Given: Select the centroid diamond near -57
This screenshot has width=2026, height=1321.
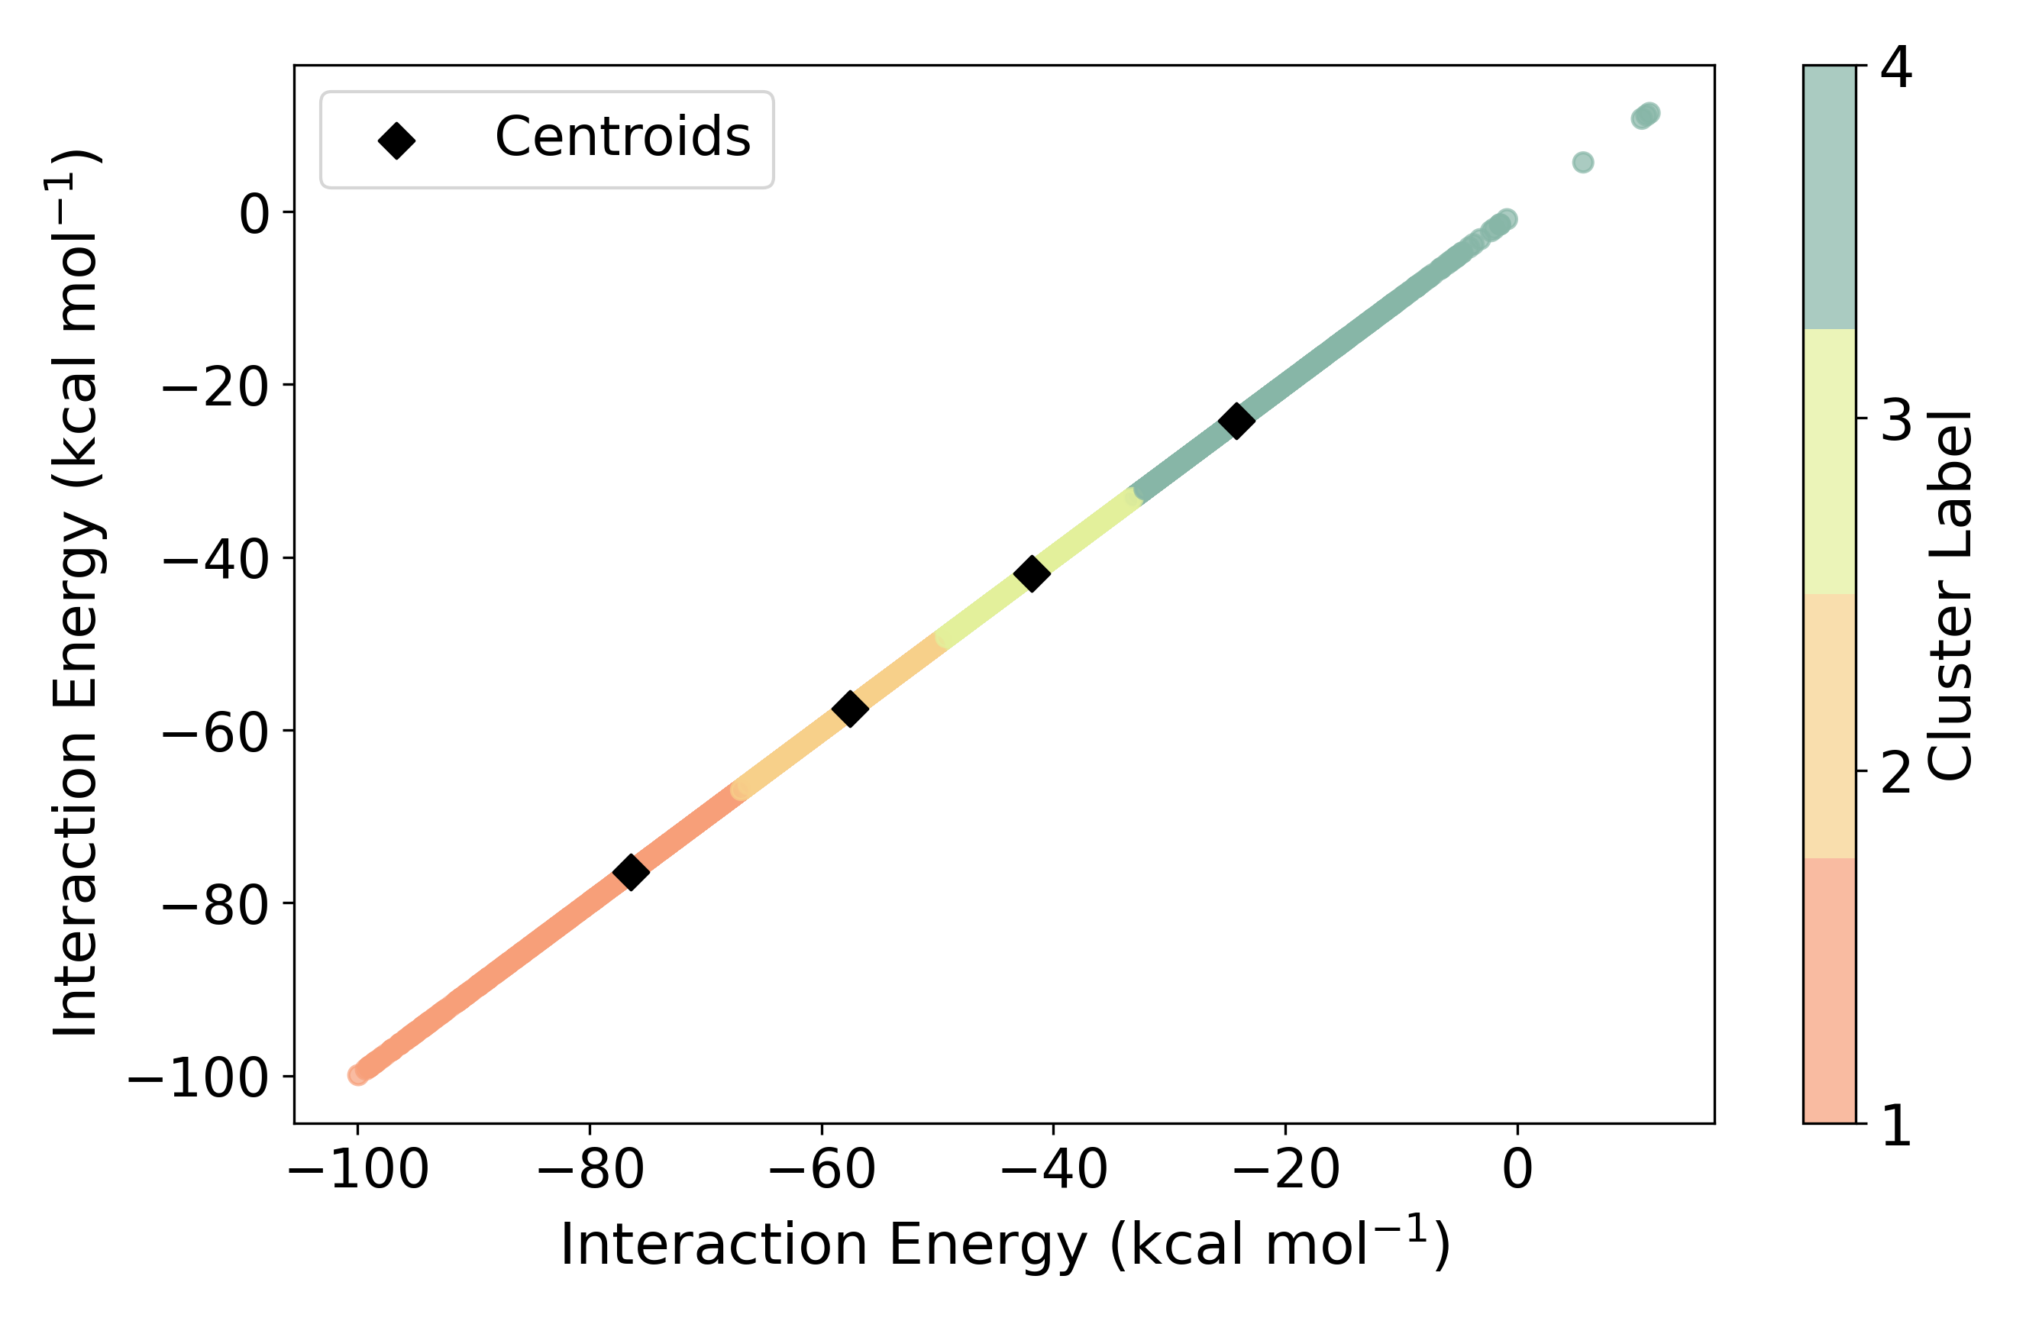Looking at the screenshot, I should (x=849, y=708).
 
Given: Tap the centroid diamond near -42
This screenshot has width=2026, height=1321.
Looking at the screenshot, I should (x=1032, y=573).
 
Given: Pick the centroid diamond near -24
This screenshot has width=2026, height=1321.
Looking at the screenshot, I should (x=1236, y=421).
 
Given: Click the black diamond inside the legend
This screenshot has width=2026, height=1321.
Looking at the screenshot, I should (x=396, y=140).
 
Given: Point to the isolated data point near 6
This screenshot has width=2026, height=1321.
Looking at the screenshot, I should (x=1582, y=163).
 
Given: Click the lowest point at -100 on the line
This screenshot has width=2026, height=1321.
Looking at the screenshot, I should (x=358, y=1076).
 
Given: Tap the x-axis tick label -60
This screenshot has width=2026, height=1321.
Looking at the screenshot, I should (x=822, y=1171).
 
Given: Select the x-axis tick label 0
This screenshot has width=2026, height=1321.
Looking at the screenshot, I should (x=1517, y=1171).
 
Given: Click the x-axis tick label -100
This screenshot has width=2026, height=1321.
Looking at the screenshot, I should (x=358, y=1171).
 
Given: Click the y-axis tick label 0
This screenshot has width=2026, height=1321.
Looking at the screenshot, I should (x=254, y=215).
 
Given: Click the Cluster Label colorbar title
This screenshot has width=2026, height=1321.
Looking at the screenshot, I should (x=1950, y=596).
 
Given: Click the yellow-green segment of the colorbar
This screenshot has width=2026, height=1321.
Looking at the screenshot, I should (x=1830, y=461).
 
